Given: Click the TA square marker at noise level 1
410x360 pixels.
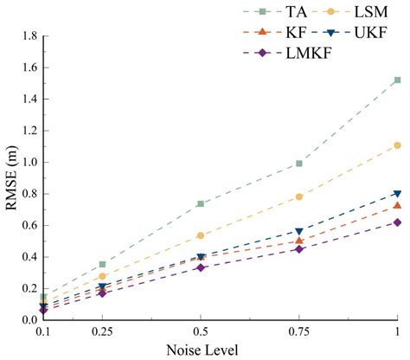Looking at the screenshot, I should [x=397, y=80].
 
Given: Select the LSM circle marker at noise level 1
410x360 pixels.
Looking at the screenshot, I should [x=397, y=145].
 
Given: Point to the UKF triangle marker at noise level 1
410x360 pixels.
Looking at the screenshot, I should [x=397, y=194].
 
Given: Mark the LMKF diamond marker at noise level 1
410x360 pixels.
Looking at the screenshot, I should [x=397, y=222].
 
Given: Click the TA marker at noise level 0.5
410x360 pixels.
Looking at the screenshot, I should [x=201, y=203].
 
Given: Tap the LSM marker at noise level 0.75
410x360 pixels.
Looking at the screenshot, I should [x=299, y=196].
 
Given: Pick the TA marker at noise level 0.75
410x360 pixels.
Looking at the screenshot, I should [x=299, y=163].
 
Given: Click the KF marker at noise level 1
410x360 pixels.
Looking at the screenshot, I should [x=397, y=205].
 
